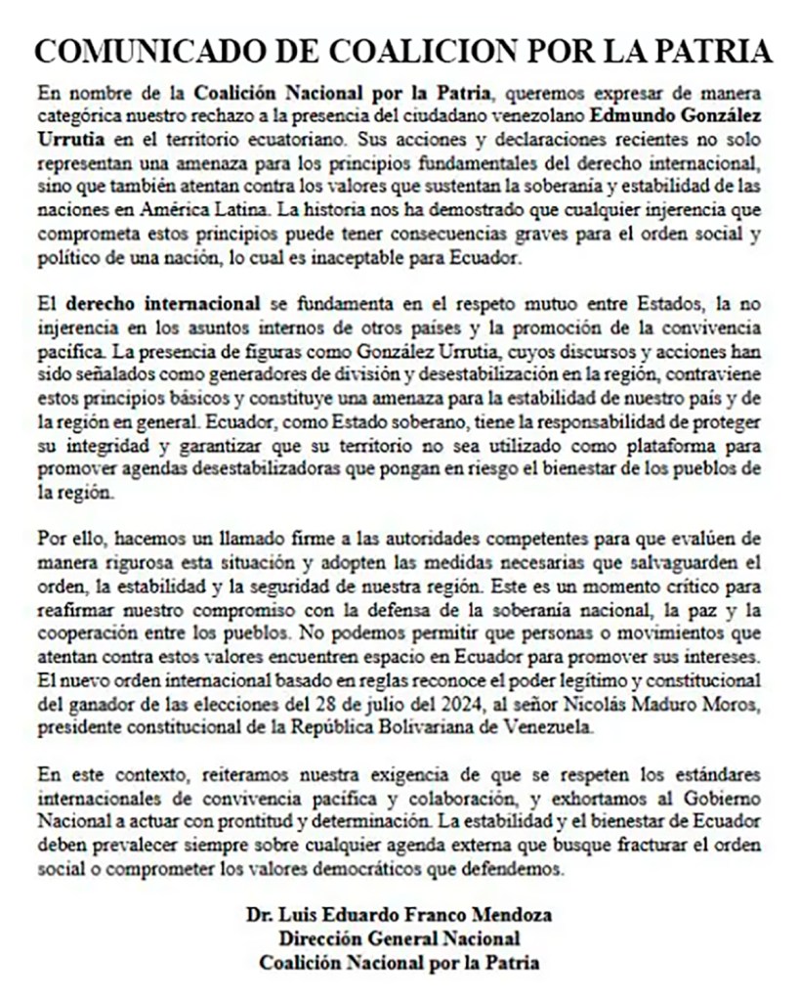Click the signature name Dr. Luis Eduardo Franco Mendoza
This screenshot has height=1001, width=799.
(399, 915)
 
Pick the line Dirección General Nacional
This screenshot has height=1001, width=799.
(399, 938)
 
